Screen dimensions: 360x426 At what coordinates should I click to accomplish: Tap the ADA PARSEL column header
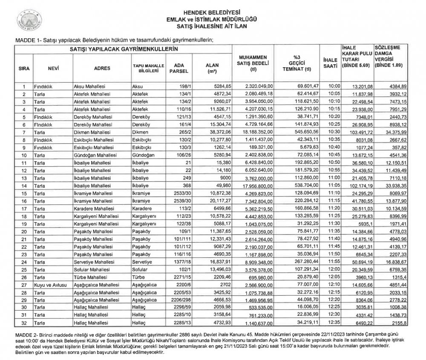coord(176,68)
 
